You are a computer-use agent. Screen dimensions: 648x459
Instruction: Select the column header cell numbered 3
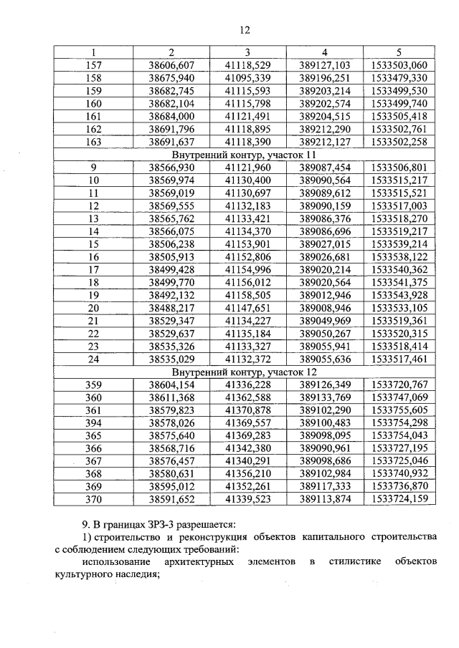click(247, 52)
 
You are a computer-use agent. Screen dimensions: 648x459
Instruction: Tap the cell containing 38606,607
click(171, 64)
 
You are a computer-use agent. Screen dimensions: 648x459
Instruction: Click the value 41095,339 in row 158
click(247, 77)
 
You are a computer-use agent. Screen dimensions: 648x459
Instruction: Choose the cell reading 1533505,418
click(399, 116)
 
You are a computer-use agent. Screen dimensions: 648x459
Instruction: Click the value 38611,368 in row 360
click(171, 398)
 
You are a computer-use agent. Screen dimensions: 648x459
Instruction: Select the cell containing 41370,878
click(247, 411)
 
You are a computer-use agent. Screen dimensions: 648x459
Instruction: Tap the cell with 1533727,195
click(399, 450)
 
